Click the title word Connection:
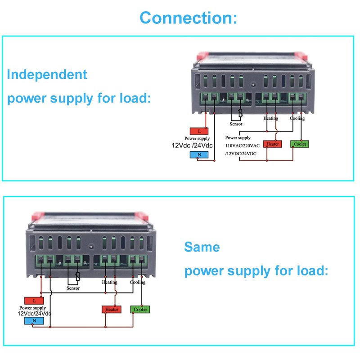pos(188,18)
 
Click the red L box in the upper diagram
pos(199,131)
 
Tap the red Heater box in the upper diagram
pos(273,144)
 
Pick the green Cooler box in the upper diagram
pos(300,144)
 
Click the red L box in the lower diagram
pos(34,300)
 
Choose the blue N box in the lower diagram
pos(34,321)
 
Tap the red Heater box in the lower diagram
pos(111,310)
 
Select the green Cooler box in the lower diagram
pos(140,310)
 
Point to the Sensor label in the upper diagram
pos(236,124)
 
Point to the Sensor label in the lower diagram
pos(73,288)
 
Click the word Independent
pos(47,74)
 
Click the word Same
pos(202,247)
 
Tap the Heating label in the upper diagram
pos(270,118)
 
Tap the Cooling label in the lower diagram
pos(138,283)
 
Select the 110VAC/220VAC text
pos(243,146)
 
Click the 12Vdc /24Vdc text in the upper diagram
pos(193,145)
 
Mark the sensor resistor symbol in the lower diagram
pos(77,277)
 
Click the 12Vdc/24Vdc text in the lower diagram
pos(34,313)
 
